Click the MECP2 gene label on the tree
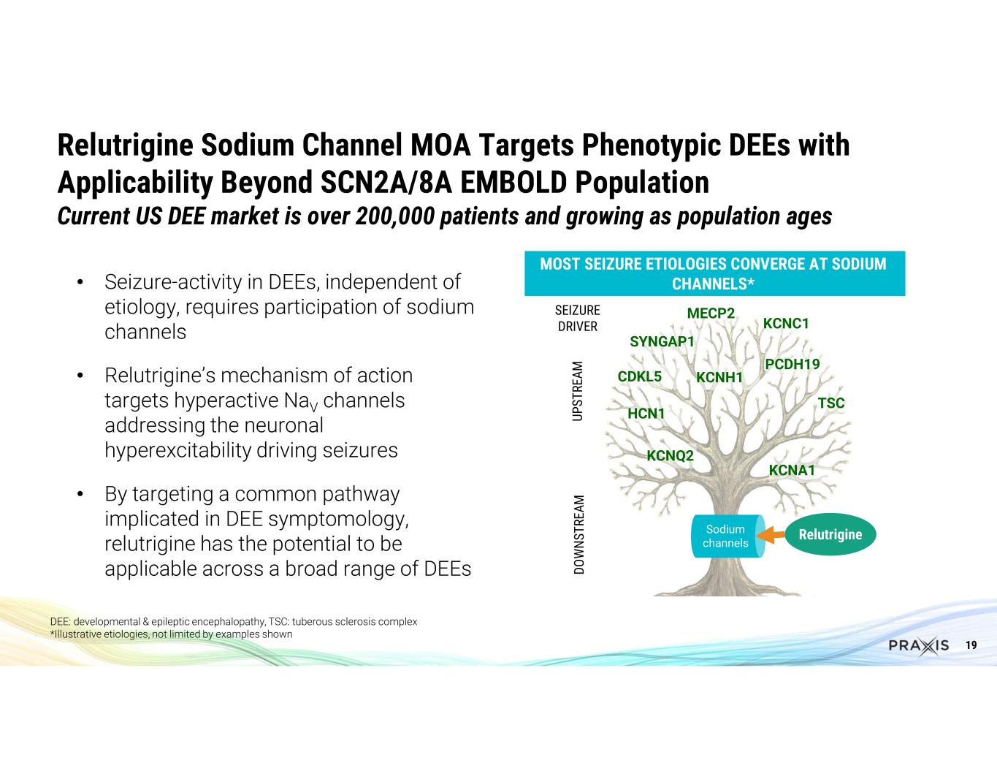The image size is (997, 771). (x=711, y=314)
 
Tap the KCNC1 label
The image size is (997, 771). (x=786, y=324)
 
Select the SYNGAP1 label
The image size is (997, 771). (x=662, y=341)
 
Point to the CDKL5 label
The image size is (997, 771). (x=640, y=376)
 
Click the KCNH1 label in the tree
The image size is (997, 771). (x=719, y=377)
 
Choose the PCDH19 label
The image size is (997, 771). (x=792, y=364)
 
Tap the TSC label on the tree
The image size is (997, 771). (x=831, y=403)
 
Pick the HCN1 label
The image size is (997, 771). (x=646, y=414)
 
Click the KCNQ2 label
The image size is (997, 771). (x=671, y=456)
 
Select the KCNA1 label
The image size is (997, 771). (x=792, y=470)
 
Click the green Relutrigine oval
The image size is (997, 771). (x=830, y=534)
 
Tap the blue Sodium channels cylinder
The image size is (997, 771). (x=729, y=536)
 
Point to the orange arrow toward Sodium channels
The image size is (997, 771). (x=771, y=535)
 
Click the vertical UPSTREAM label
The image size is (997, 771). (x=578, y=391)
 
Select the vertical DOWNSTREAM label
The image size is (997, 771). (x=579, y=535)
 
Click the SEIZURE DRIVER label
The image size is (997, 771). (x=578, y=319)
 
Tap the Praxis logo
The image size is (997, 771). (x=919, y=646)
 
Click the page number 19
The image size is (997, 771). (x=971, y=645)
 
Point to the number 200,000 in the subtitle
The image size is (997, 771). (x=395, y=216)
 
